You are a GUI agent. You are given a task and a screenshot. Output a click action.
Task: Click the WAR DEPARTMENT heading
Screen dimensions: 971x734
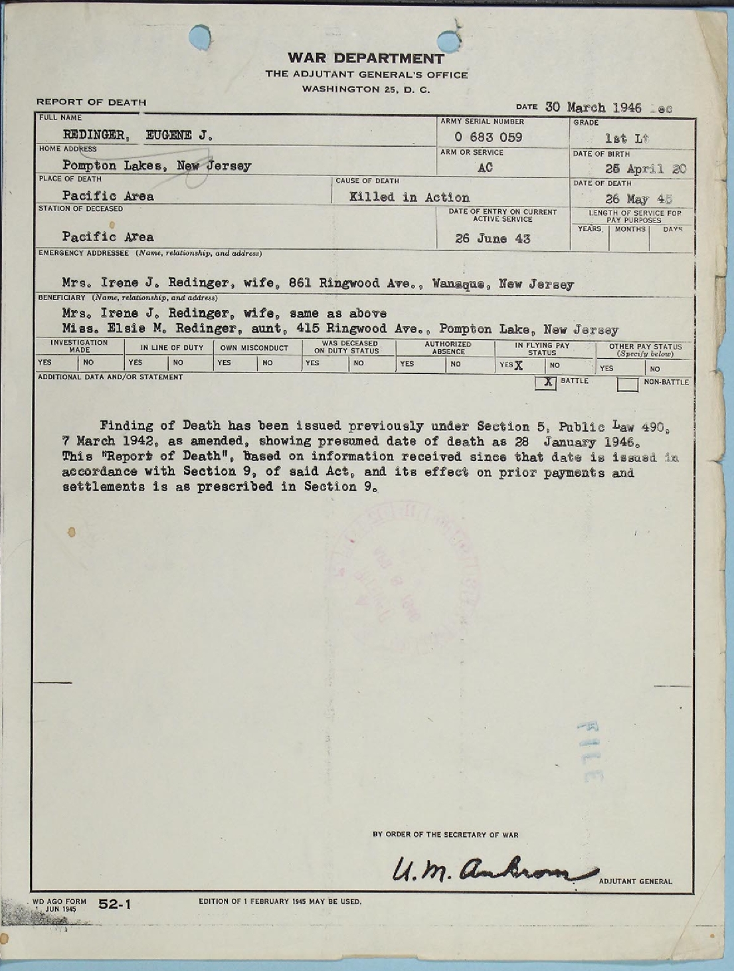366,59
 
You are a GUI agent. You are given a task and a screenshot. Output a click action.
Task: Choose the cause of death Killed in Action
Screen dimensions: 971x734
409,197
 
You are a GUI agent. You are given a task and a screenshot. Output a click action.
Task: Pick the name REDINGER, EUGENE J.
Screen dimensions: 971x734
138,135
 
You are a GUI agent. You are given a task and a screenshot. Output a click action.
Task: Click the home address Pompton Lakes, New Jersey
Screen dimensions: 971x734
157,166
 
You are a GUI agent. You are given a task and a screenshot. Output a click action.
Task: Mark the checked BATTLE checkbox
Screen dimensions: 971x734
546,383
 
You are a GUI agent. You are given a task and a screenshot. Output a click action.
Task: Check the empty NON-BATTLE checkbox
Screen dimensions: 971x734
628,384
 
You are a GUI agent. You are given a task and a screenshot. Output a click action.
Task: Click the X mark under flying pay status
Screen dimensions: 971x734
518,365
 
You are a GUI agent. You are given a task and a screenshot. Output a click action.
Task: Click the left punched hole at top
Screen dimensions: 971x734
200,36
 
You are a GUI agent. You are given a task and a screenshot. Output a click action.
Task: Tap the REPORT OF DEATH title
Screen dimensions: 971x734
91,102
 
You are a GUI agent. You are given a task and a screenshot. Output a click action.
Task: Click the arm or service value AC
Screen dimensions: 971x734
485,168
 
